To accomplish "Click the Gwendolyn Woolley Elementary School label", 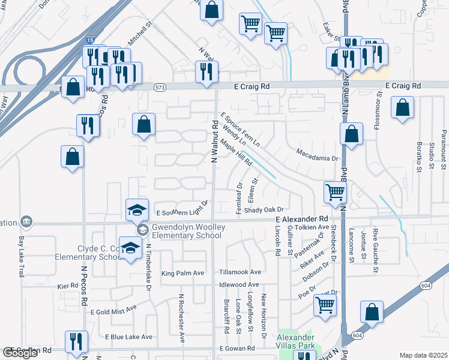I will point(187,232).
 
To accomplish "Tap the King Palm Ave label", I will point(183,273).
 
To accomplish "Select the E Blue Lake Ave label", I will point(128,337).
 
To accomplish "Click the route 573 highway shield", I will point(160,88).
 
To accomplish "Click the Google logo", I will point(20,353).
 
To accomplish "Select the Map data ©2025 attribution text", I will point(423,355).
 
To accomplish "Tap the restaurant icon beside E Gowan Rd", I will point(76,342).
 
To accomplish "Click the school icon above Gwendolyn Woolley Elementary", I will point(137,210).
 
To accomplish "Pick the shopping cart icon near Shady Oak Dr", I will point(335,193).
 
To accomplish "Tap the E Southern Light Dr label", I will point(181,212).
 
